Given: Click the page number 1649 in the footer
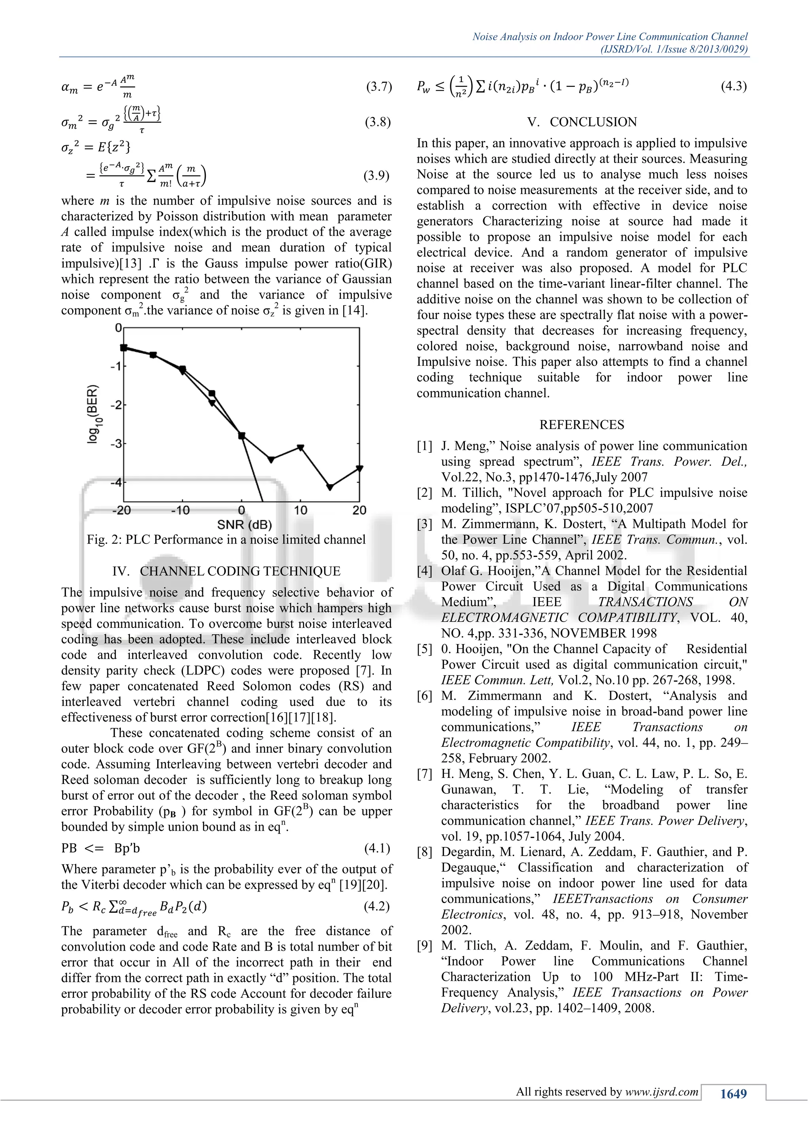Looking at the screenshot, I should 733,1094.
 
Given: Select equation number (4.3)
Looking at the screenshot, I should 733,86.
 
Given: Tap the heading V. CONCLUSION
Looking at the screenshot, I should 582,122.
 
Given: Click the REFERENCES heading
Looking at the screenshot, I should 581,425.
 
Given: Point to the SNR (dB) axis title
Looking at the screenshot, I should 244,524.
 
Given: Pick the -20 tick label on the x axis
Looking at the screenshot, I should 122,510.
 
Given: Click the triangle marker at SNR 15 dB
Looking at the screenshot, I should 330,487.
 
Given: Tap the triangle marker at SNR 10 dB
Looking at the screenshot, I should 300,448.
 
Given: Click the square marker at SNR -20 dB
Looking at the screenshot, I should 124,347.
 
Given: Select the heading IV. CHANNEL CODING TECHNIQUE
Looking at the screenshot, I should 226,571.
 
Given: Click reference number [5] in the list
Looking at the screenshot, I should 424,649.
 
